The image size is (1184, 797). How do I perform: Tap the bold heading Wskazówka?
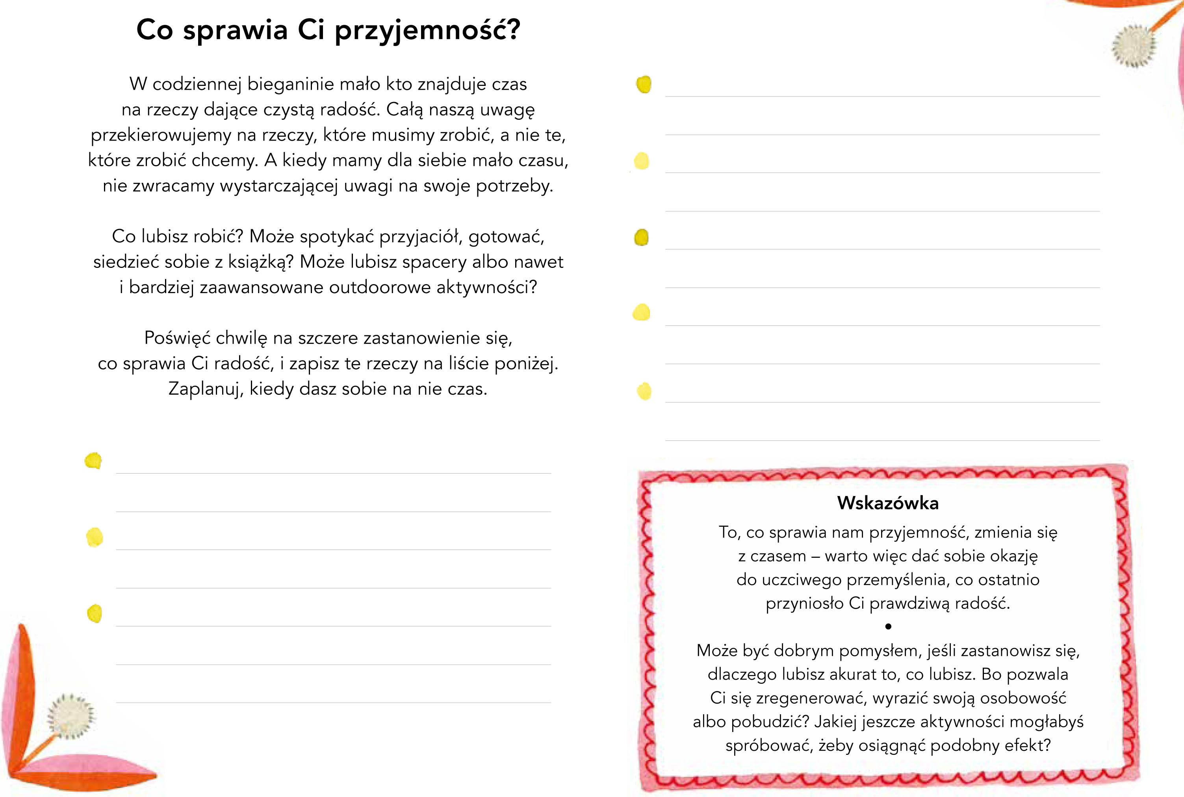pyautogui.click(x=888, y=503)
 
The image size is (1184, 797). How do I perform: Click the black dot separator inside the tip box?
pyautogui.click(x=888, y=627)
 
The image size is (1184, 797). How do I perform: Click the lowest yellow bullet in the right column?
pyautogui.click(x=644, y=391)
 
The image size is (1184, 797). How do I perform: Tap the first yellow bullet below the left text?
pyautogui.click(x=93, y=461)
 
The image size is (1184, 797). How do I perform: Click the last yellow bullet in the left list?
pyautogui.click(x=95, y=613)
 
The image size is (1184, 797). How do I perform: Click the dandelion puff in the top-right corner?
pyautogui.click(x=1133, y=46)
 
